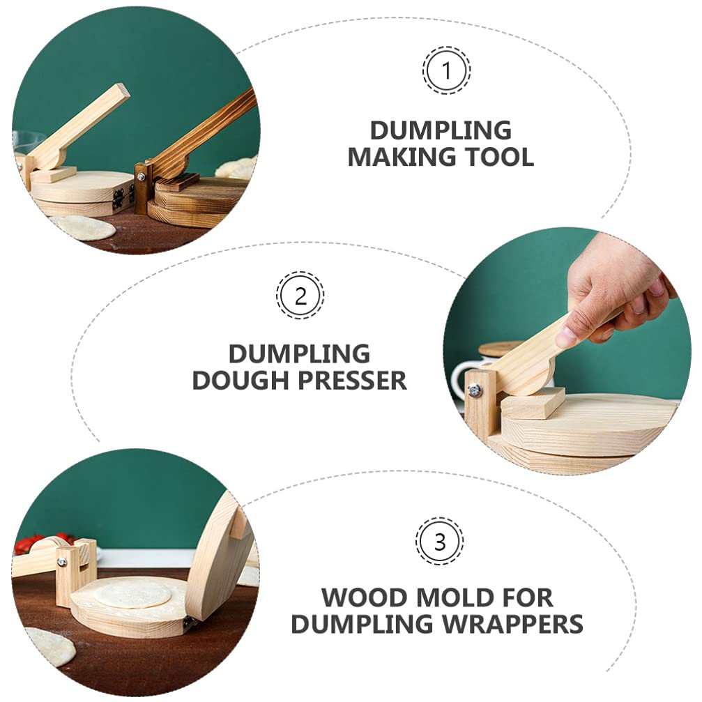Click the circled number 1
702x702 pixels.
coord(446,70)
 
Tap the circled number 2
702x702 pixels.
coord(300,296)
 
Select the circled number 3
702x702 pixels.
coord(439,541)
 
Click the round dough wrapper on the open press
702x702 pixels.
coord(132,593)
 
